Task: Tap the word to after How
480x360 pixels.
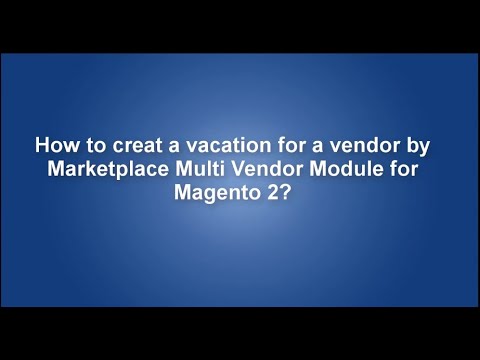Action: pyautogui.click(x=90, y=144)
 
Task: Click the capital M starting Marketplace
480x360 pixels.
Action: pyautogui.click(x=56, y=166)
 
